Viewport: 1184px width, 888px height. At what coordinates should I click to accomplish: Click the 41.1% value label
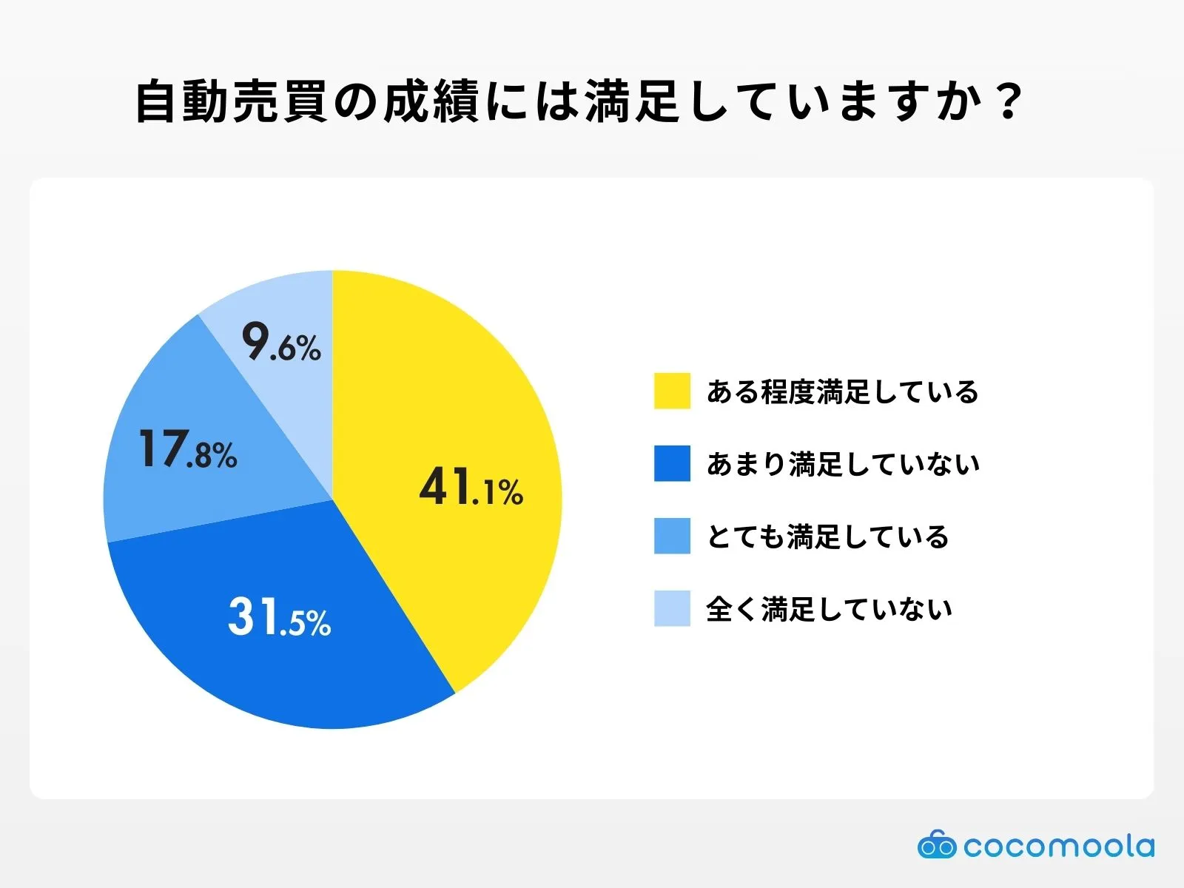471,488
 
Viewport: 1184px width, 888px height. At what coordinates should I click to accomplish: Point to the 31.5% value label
279,618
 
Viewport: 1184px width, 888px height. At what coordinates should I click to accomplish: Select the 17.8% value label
187,451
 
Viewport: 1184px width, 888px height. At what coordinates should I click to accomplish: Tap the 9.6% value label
281,343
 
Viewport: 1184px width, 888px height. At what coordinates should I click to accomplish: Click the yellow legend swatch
672,391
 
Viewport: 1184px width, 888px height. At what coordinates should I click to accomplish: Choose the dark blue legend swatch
672,463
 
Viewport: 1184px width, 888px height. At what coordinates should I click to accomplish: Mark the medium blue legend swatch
672,536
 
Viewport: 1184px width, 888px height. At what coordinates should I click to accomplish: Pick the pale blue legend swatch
672,608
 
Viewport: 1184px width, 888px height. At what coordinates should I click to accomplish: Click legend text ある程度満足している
842,391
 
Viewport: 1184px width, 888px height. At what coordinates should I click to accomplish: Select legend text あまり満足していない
843,464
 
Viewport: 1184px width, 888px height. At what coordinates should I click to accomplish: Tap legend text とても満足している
827,536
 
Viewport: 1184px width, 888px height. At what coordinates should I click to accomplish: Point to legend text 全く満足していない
829,609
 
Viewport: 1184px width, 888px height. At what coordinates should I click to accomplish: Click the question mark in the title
1008,101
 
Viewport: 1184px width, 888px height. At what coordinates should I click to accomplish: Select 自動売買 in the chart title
231,101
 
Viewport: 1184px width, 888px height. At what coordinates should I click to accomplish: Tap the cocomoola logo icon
936,845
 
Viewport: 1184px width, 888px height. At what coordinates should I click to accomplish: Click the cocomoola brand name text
1058,846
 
